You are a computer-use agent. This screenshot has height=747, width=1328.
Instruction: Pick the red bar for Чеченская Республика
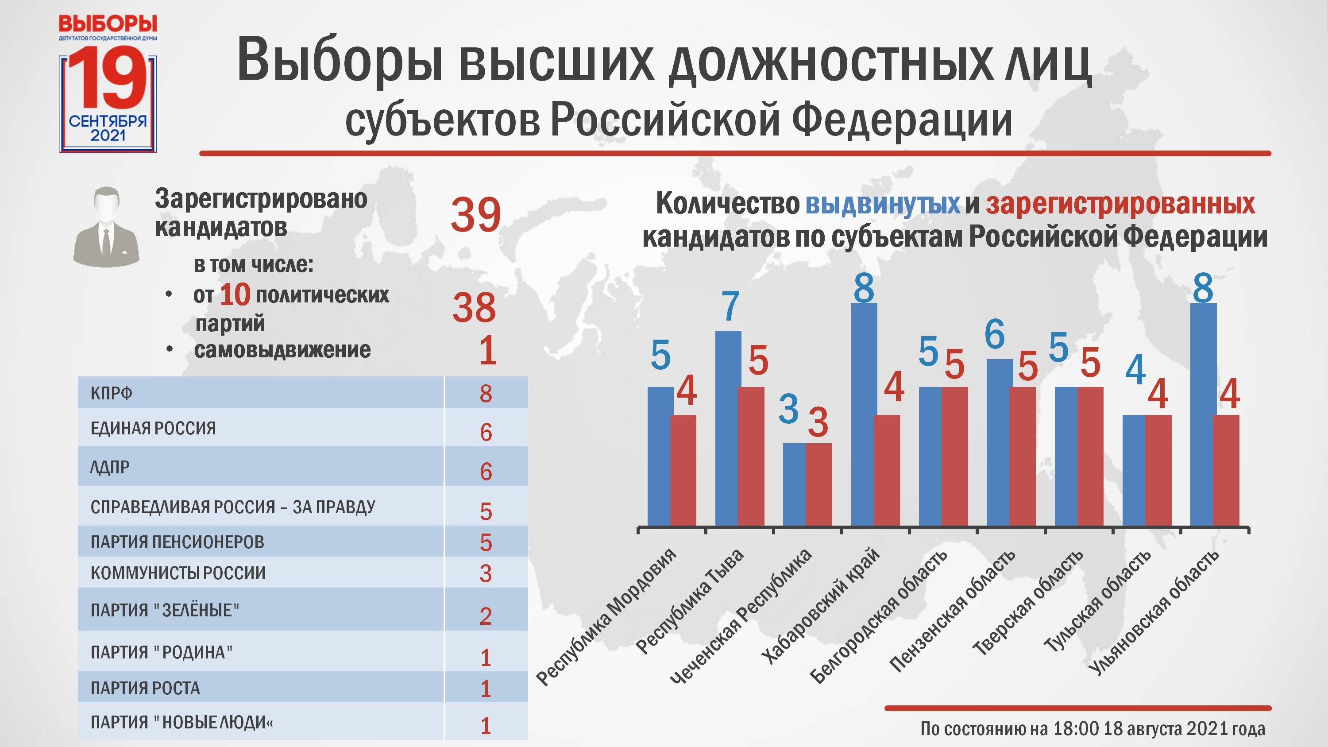pyautogui.click(x=818, y=484)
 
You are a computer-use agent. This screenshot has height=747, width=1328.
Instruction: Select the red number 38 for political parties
pyautogui.click(x=474, y=308)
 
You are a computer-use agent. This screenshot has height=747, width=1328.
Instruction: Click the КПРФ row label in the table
pyautogui.click(x=112, y=393)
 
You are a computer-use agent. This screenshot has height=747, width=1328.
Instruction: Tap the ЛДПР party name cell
pyautogui.click(x=110, y=468)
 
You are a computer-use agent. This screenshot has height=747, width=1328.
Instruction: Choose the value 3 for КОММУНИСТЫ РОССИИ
pyautogui.click(x=486, y=573)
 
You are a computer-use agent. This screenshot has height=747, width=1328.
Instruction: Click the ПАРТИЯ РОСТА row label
pyautogui.click(x=145, y=688)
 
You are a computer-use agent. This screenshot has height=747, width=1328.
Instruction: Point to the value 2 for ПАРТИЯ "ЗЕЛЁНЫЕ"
pyautogui.click(x=486, y=616)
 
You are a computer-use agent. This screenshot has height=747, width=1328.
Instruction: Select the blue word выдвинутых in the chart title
pyautogui.click(x=883, y=204)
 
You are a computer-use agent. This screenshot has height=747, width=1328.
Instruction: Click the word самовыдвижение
pyautogui.click(x=282, y=350)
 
